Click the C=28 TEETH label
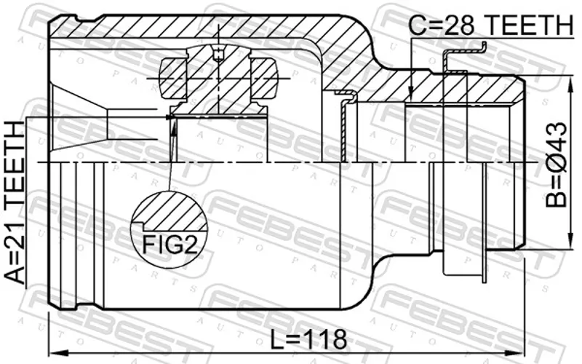[491, 25]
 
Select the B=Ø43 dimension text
[557, 165]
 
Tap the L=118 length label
[308, 339]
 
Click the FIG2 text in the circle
[170, 245]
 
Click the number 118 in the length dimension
[324, 339]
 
